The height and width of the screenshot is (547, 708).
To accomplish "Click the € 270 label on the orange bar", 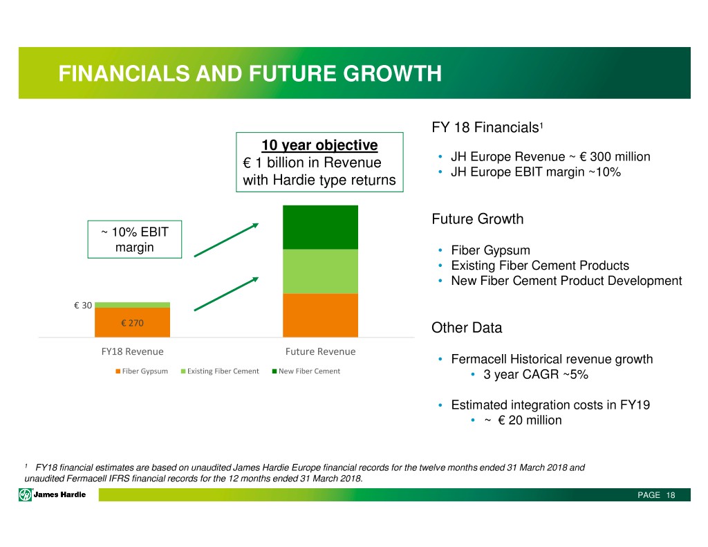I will (131, 322).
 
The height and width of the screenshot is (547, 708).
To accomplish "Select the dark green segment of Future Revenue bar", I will (320, 227).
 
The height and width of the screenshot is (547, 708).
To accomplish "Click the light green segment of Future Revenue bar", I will (320, 271).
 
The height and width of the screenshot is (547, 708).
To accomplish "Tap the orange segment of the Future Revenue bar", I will (320, 315).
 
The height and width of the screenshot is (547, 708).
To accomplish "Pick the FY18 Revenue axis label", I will (132, 351).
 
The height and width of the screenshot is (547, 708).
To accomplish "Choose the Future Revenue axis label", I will (320, 351).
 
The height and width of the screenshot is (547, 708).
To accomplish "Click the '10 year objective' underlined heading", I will (319, 145).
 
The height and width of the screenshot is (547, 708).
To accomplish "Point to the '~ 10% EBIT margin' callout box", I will (135, 239).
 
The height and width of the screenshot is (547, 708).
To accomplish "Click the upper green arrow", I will (226, 239).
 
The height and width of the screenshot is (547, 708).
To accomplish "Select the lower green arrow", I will (226, 294).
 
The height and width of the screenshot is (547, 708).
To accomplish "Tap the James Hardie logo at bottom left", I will (53, 494).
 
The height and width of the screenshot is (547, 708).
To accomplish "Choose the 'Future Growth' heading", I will (477, 219).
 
